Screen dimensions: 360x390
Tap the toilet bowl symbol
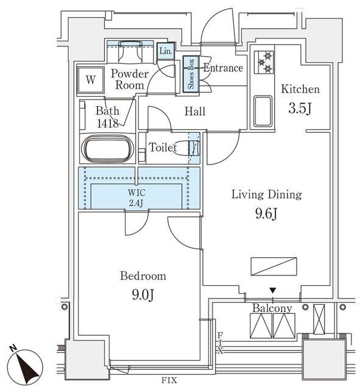(186, 148)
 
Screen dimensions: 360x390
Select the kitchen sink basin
(263, 111)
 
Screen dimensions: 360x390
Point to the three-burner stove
(264, 62)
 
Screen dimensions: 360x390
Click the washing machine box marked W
(91, 80)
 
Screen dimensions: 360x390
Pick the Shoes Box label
(191, 74)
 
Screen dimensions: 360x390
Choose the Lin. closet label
(166, 51)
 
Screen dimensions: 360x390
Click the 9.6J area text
(266, 213)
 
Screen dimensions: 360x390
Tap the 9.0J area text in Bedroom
(143, 295)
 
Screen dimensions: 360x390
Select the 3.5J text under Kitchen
(300, 108)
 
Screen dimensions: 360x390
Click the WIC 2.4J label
(136, 197)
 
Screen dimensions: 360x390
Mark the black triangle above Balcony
(273, 290)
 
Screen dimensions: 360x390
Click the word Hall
(195, 111)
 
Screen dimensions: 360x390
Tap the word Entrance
(223, 68)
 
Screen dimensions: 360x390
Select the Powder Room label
(130, 79)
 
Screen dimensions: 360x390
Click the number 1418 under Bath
(108, 123)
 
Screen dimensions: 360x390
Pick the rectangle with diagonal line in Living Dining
(274, 266)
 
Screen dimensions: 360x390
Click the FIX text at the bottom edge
(169, 380)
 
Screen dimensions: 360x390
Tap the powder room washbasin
(130, 52)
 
